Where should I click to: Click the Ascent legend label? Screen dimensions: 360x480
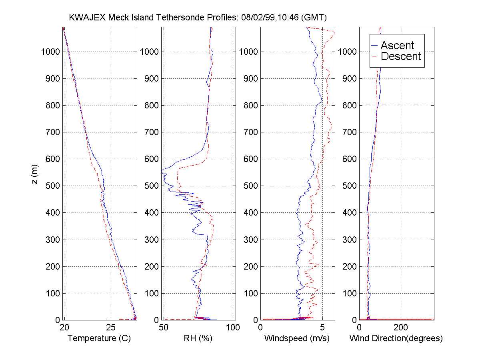(x=397, y=45)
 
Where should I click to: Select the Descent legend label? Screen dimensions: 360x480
(x=401, y=56)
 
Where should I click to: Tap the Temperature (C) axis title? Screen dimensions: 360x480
(x=99, y=338)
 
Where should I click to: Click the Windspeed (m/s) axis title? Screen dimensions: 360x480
(x=297, y=338)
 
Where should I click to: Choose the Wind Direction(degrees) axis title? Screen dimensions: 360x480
(x=396, y=338)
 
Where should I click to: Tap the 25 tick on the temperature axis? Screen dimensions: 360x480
(x=111, y=328)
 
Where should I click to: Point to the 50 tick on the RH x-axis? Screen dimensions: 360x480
(x=164, y=328)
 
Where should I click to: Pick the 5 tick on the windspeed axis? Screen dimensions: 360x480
(x=322, y=328)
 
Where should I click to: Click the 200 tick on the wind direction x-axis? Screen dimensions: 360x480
(x=401, y=328)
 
